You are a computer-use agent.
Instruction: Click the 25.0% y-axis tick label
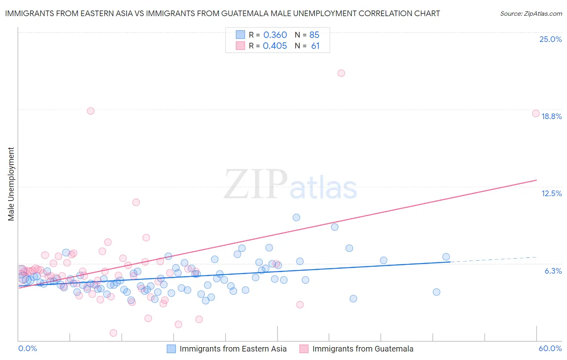(550, 39)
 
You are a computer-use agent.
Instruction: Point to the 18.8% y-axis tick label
(551, 116)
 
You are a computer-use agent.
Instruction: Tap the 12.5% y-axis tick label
(551, 193)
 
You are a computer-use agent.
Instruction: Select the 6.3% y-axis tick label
(553, 271)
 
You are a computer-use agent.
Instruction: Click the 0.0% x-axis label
(27, 348)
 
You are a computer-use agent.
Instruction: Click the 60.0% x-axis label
(550, 348)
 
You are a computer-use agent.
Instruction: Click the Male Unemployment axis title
(11, 184)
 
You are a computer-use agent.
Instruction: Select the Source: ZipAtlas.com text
(531, 13)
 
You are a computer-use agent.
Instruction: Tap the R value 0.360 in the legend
(275, 35)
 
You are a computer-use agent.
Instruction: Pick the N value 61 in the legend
(315, 46)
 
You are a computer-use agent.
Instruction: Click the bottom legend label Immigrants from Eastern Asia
(233, 349)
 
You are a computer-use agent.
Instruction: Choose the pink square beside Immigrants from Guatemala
(304, 349)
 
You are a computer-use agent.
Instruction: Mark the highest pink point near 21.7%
(341, 73)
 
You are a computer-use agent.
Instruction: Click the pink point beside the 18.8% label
(536, 113)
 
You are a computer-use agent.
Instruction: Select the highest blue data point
(296, 217)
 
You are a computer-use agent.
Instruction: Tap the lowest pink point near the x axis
(113, 333)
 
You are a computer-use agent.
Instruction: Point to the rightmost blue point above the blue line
(446, 257)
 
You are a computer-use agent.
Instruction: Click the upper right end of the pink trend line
(536, 180)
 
